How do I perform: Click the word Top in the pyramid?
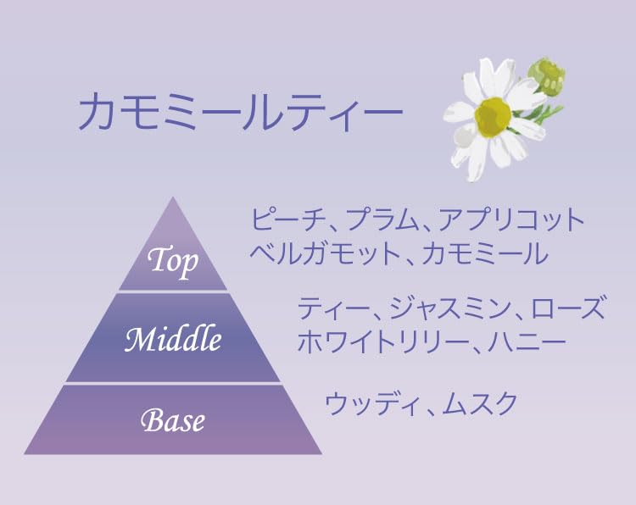[x=173, y=261]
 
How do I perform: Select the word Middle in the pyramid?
[x=173, y=339]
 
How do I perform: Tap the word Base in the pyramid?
[x=173, y=420]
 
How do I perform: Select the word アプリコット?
[x=511, y=219]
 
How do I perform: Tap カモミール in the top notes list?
[x=485, y=253]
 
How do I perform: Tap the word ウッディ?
[x=371, y=403]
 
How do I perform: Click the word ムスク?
[x=479, y=403]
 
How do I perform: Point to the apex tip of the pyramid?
[x=173, y=197]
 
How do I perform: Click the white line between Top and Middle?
[x=173, y=291]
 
